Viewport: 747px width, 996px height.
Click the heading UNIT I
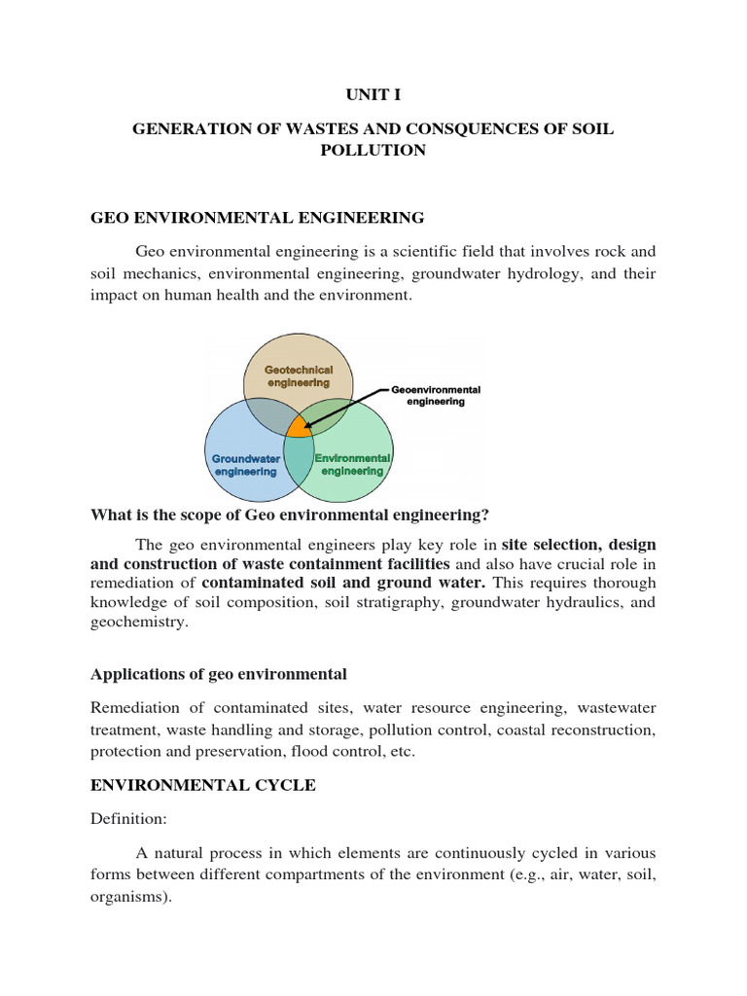coord(373,94)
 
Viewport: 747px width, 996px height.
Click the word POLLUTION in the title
coord(373,151)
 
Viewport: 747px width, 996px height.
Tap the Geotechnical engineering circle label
coord(299,376)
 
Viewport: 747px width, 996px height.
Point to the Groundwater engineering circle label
coord(246,464)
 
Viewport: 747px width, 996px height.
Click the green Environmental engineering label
coord(351,464)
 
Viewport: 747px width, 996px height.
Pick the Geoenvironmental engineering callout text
coord(436,395)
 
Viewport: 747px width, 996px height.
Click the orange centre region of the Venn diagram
coord(300,426)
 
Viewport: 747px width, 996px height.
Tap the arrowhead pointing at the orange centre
coord(306,424)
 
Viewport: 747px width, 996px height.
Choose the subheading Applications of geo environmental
coord(219,674)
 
